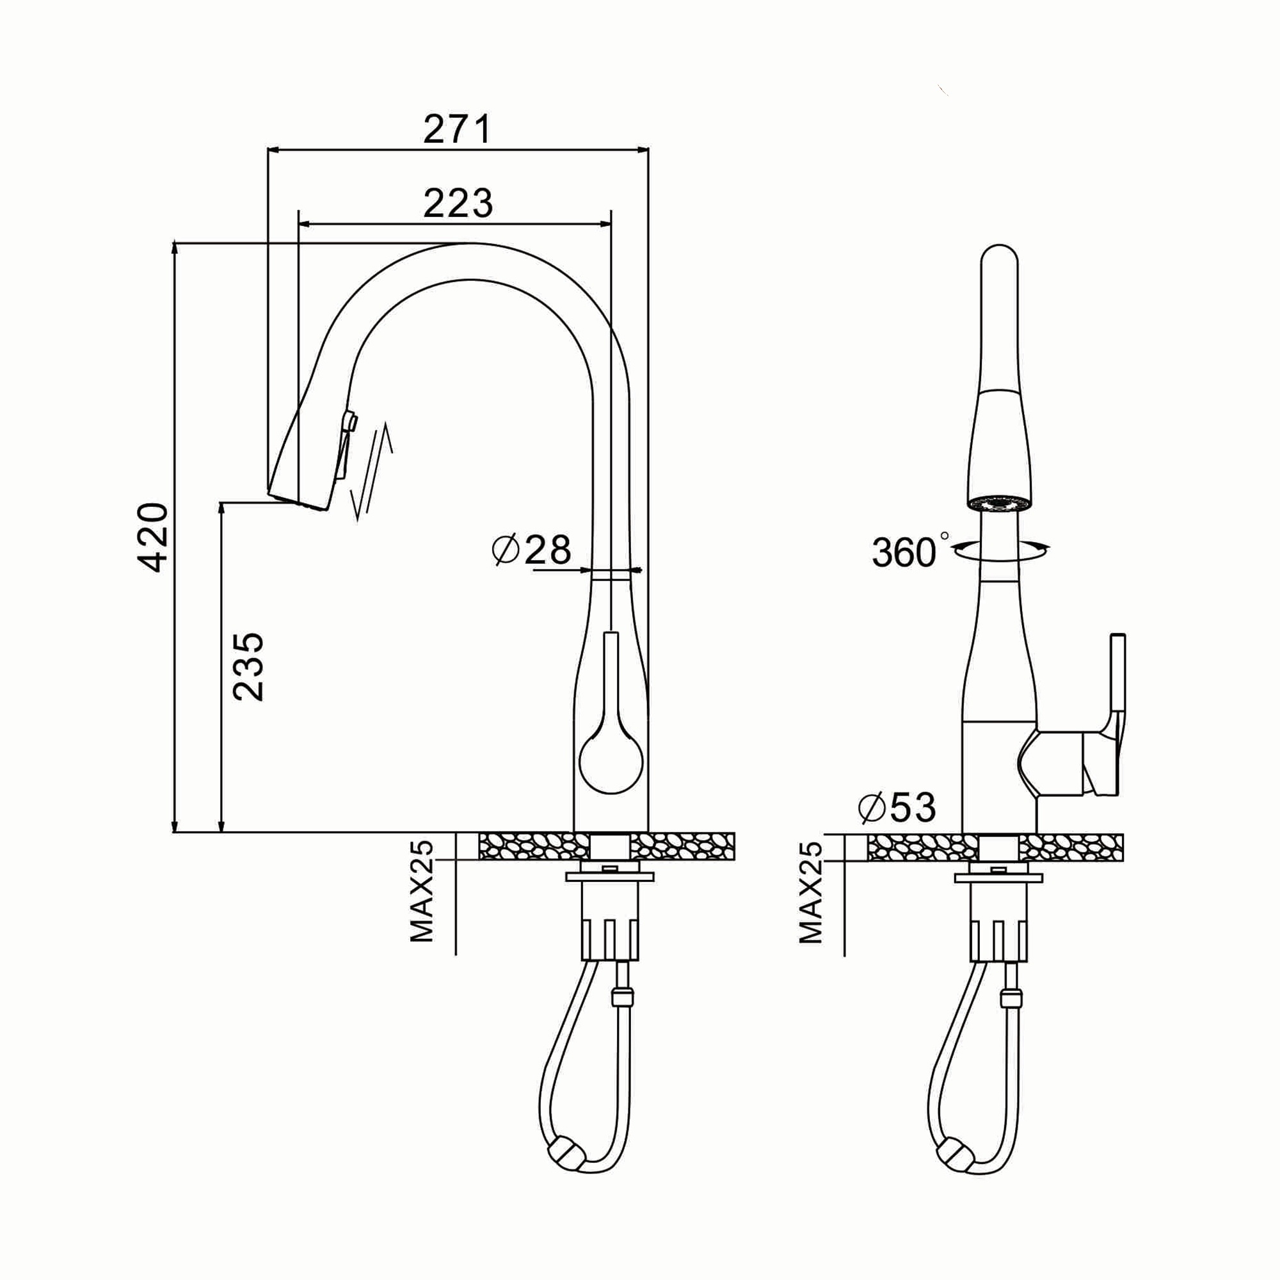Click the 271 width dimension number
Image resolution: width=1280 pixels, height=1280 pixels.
tap(457, 130)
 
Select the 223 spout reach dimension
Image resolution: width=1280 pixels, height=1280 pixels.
tap(458, 204)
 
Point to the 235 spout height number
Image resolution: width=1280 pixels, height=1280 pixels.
tap(248, 666)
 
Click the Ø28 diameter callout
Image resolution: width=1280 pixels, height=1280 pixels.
tap(531, 550)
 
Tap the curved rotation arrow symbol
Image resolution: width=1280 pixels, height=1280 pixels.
tap(1000, 549)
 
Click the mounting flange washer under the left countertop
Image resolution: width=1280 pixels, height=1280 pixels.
tap(610, 878)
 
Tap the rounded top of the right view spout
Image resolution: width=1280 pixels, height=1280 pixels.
tap(999, 259)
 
